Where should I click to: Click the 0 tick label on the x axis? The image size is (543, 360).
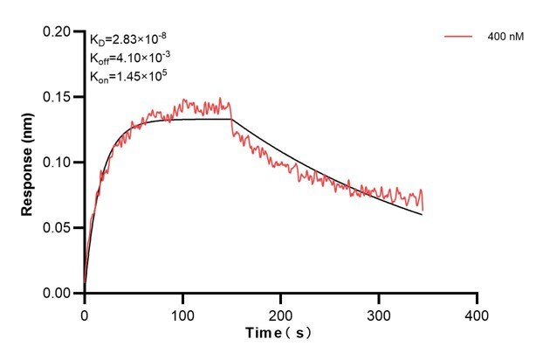coord(84,312)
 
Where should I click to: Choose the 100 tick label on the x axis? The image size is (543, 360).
coord(182,312)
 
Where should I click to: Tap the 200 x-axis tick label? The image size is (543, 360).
coord(280,312)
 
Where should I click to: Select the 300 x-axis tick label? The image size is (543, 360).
coord(379,312)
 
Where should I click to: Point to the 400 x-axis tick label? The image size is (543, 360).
coord(477,312)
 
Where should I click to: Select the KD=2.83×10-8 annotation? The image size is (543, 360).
coord(129,38)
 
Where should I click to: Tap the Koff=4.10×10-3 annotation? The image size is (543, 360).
coord(130,58)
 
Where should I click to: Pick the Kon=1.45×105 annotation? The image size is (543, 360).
coord(129,76)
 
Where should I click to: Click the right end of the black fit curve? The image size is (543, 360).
coord(423,214)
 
